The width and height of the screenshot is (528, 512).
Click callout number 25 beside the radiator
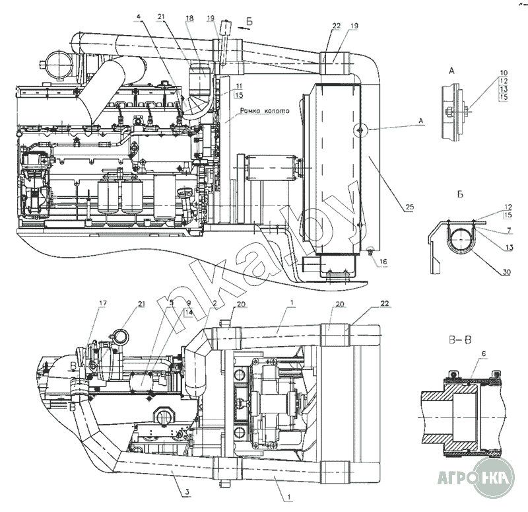coord(409,207)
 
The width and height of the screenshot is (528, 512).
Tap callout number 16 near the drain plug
coord(383,262)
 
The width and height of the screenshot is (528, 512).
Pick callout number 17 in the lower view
coord(102,303)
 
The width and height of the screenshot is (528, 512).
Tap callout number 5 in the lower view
coord(172,303)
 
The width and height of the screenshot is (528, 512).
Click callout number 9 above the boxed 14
coord(189,303)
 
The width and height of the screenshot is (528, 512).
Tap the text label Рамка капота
coord(264,112)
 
